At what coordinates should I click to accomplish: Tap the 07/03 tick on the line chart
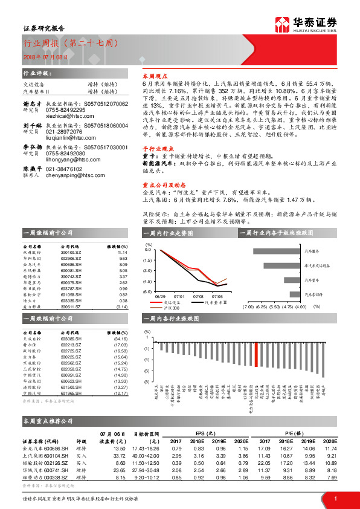coord(199,297)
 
